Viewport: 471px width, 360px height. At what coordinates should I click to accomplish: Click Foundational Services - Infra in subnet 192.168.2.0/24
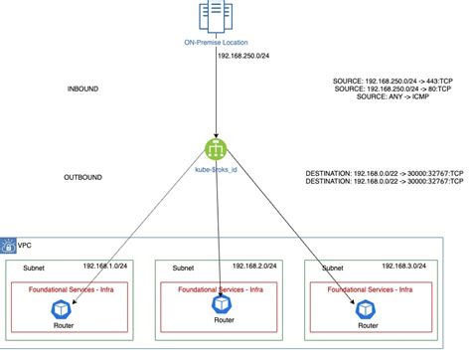pos(219,289)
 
